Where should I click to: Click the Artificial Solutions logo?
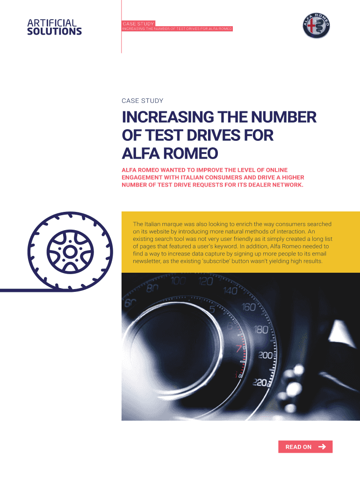tap(54, 27)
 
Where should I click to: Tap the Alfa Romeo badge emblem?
tap(317, 26)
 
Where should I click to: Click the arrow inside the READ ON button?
tap(322, 447)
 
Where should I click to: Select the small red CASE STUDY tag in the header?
tap(138, 23)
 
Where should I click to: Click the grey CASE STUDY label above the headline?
tap(142, 101)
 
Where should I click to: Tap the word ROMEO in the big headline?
tap(191, 153)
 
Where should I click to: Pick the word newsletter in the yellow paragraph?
tap(146, 261)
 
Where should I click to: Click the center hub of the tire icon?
tap(70, 252)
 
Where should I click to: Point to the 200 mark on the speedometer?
tap(265, 355)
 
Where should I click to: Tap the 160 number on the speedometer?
tap(248, 307)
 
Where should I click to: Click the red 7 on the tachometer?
tap(239, 348)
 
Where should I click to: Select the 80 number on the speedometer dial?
tap(152, 288)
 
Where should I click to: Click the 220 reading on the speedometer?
tap(260, 382)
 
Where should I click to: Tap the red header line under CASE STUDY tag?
tap(177, 29)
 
